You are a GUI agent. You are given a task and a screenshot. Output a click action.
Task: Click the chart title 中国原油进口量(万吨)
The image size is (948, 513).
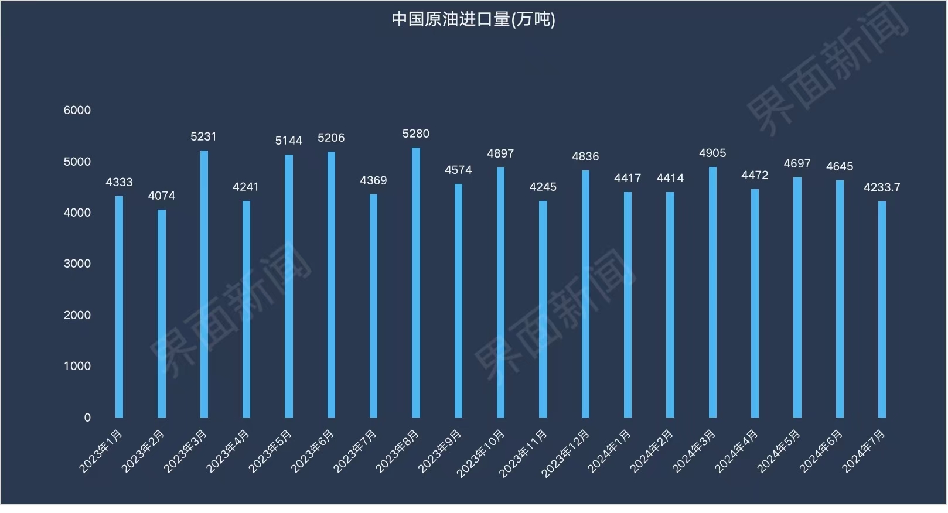(473, 19)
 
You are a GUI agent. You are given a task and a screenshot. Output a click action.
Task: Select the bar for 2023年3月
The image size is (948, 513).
(204, 284)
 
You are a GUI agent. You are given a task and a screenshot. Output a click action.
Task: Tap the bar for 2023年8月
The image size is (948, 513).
(416, 282)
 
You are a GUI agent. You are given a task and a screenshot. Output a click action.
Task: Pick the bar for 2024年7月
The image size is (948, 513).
(882, 309)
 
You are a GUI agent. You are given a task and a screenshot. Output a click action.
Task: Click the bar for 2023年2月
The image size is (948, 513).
(162, 313)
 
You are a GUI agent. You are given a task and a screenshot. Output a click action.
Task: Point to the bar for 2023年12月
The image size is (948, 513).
(585, 294)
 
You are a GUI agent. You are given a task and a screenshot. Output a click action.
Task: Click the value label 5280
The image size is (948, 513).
(416, 134)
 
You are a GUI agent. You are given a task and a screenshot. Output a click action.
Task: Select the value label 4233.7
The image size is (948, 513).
(882, 187)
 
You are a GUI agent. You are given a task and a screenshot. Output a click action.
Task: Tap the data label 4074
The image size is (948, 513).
(162, 196)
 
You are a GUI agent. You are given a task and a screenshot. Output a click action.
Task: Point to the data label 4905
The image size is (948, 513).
(712, 153)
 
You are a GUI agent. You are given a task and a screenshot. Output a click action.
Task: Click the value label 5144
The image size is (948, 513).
(289, 141)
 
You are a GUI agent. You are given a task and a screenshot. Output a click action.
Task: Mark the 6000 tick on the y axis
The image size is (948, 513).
(77, 110)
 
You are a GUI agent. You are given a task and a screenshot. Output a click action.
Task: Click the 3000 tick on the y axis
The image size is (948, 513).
(77, 264)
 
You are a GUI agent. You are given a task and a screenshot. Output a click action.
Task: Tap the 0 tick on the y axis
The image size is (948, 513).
(87, 418)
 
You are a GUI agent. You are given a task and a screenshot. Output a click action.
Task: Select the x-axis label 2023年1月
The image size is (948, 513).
(101, 451)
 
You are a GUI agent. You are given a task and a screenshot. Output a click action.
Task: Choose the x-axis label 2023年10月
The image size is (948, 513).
(480, 453)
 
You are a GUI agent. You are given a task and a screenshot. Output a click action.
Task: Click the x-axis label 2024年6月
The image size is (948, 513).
(821, 451)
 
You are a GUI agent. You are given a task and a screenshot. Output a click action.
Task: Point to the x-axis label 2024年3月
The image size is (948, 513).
(694, 451)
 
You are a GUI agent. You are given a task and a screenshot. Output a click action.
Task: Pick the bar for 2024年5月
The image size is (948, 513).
(797, 297)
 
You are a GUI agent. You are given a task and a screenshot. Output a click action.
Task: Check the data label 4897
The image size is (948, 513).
(500, 153)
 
